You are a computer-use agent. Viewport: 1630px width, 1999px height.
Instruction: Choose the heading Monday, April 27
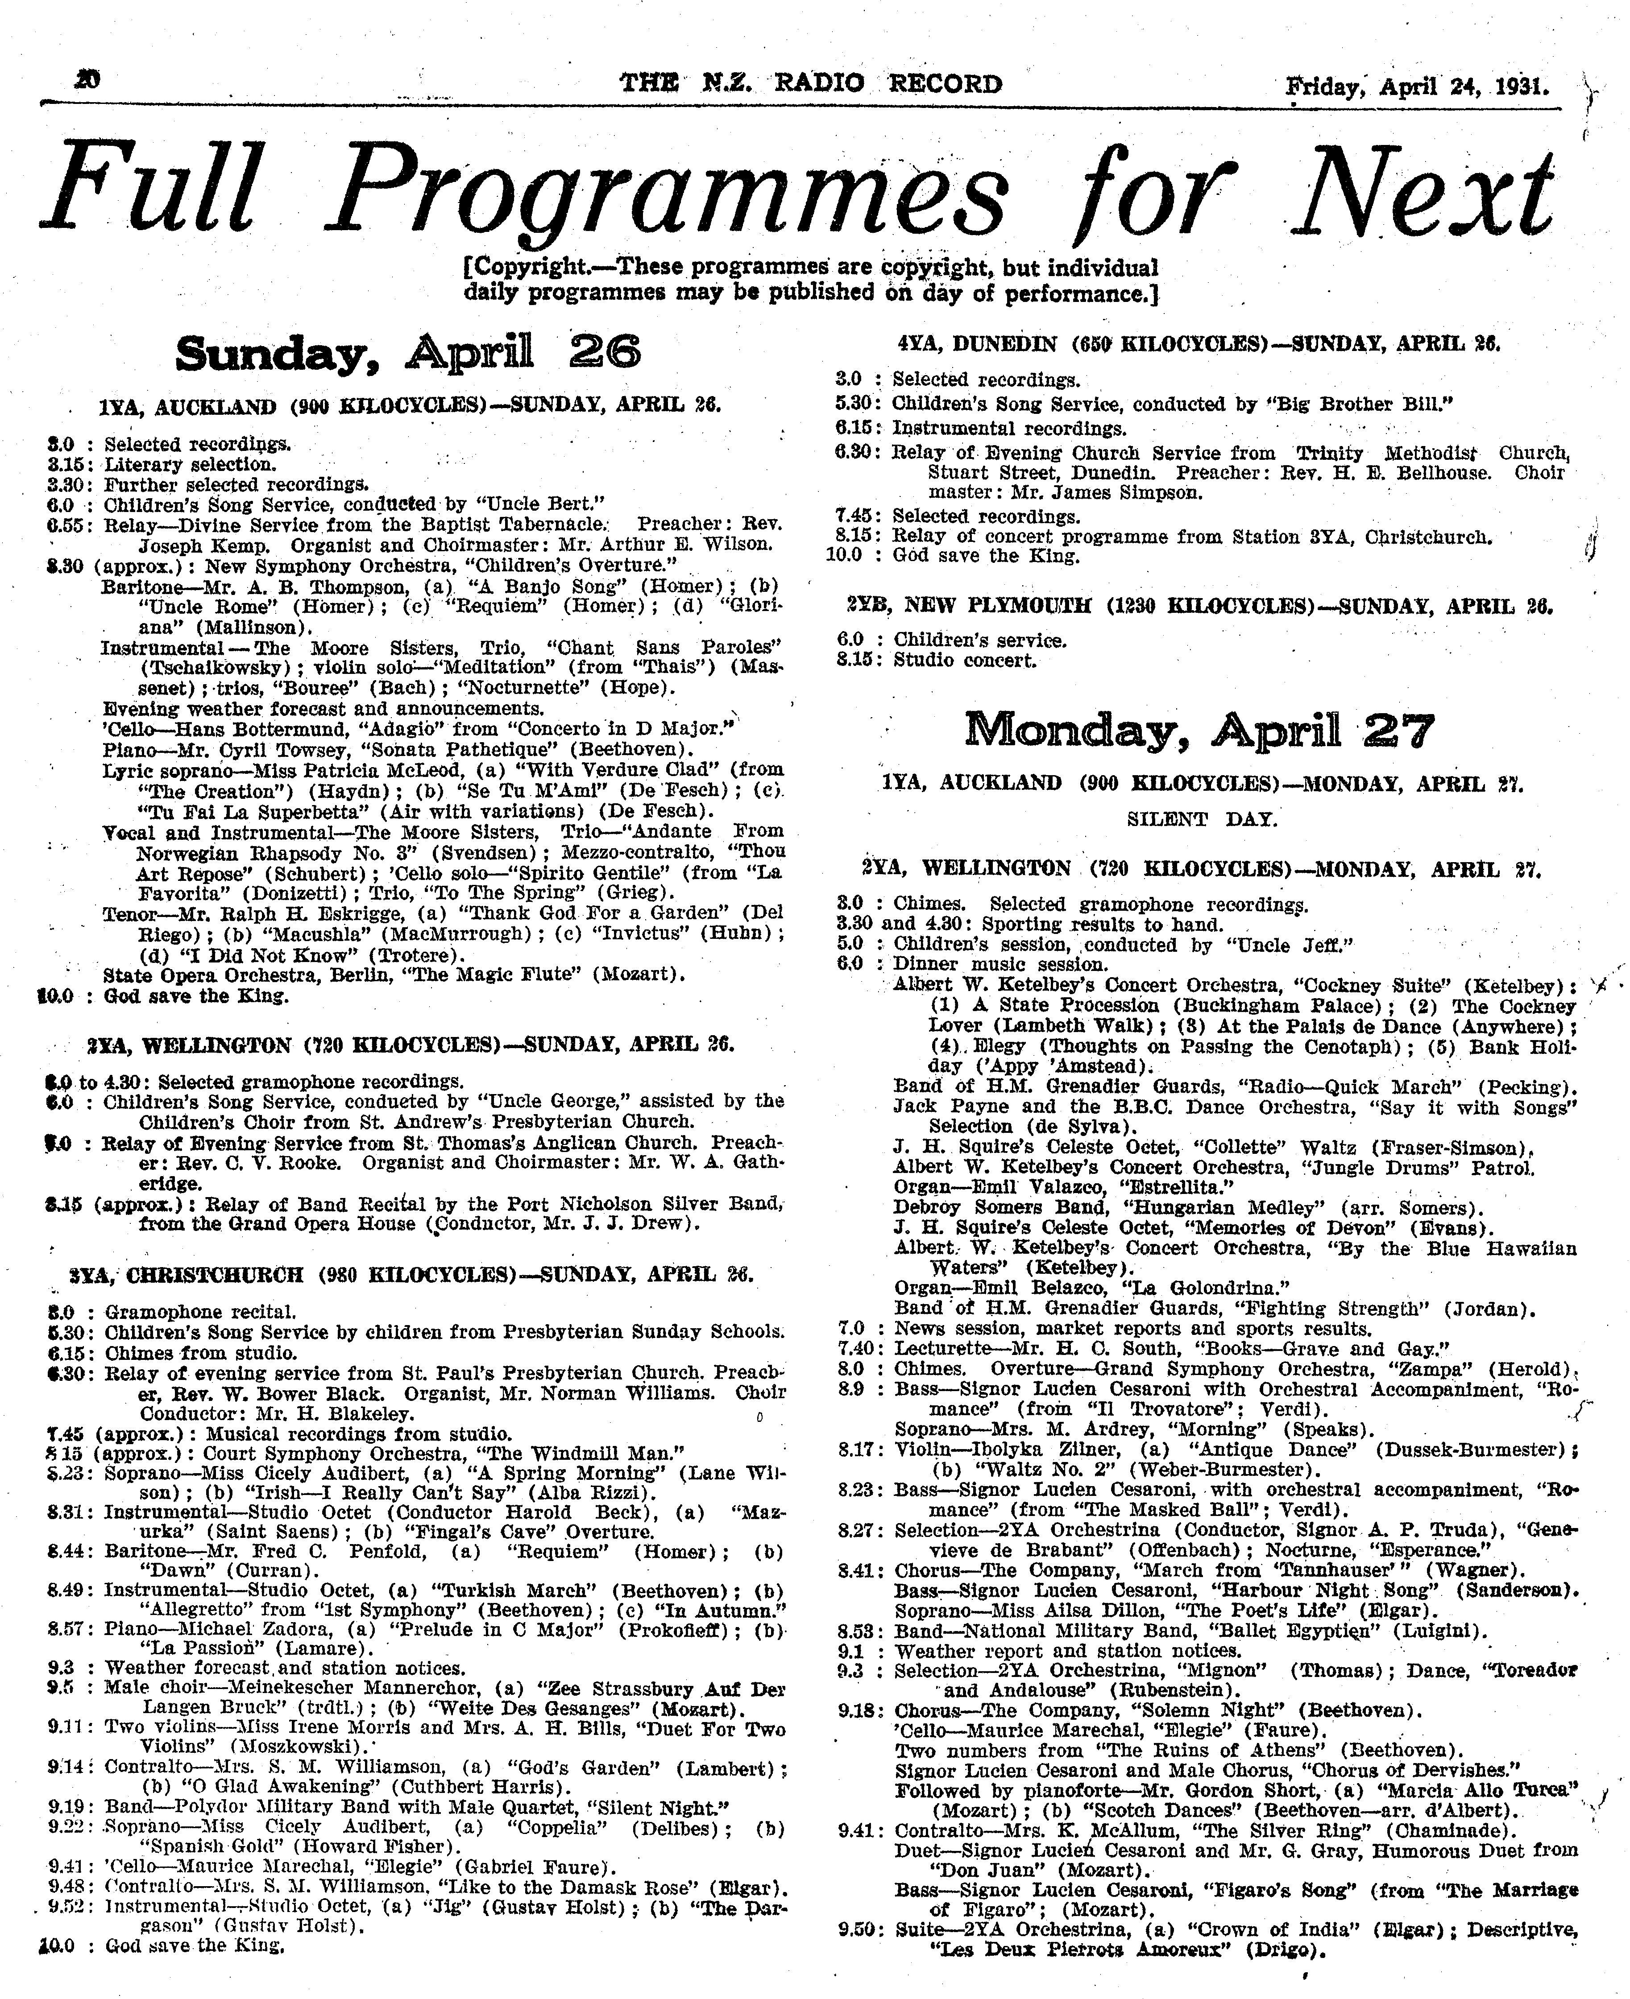1200,730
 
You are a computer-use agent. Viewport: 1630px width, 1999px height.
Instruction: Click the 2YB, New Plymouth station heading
1199,606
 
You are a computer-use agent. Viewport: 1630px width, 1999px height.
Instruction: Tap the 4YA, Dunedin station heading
1199,343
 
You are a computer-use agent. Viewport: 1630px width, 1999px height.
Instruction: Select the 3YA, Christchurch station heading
411,1275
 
